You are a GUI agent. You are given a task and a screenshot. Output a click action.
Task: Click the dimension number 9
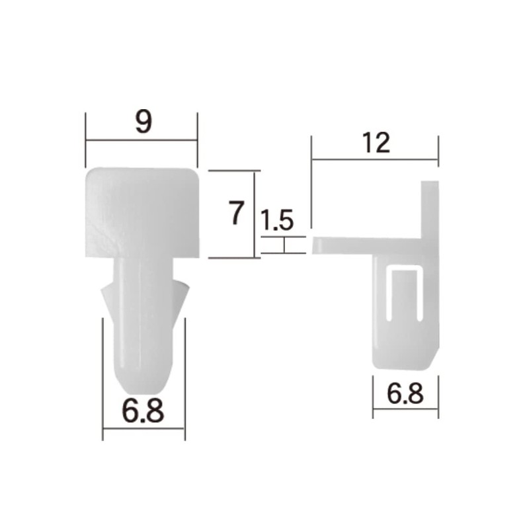click(x=143, y=122)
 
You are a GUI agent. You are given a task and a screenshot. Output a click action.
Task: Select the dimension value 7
click(x=236, y=214)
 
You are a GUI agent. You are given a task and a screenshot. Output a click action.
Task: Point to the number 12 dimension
click(x=376, y=143)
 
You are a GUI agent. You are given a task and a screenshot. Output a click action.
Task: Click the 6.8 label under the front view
click(x=143, y=411)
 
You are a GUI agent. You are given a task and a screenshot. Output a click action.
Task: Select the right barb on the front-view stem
click(x=181, y=298)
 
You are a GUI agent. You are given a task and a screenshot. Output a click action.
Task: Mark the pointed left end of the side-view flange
click(x=317, y=245)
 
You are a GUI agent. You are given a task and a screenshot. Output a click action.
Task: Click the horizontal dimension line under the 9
click(x=142, y=140)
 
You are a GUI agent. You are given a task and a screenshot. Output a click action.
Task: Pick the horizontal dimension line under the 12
click(x=375, y=159)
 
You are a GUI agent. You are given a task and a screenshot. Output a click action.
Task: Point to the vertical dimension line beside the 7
click(x=255, y=214)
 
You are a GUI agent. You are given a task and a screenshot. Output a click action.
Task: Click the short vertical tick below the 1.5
click(x=284, y=245)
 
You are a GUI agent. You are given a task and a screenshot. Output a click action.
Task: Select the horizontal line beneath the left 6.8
click(x=143, y=428)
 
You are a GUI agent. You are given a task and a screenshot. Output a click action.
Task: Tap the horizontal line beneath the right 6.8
click(x=405, y=409)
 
